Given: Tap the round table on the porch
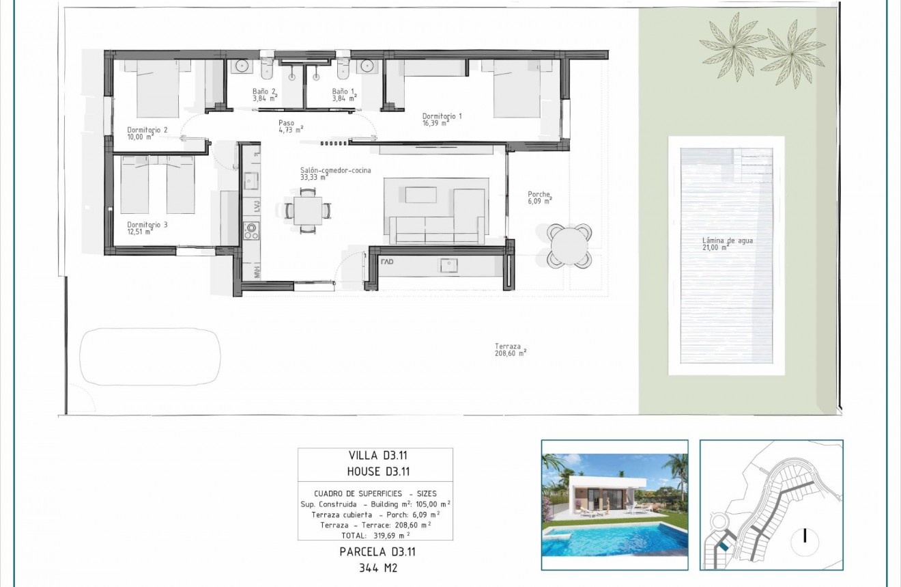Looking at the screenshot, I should pos(569,245).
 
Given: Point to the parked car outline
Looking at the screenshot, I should pos(150,357).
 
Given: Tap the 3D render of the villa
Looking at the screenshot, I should pos(614,504).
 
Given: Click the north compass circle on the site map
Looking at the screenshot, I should pos(805,536).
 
